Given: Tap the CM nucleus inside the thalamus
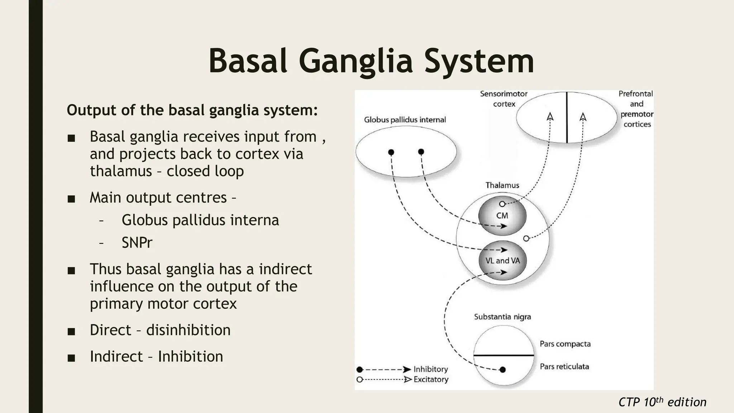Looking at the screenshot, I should pos(502,216).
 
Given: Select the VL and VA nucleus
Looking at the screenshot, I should pos(502,261).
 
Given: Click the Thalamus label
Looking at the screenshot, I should pos(502,185).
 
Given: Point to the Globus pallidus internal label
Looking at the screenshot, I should pos(405,120).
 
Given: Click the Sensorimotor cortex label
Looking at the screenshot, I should pos(504,99).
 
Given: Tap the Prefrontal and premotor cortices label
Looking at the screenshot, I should pos(637,109).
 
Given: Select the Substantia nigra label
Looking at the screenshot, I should pos(502,317).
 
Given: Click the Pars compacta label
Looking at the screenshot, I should pos(565,344).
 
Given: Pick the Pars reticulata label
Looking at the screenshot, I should pos(564,366).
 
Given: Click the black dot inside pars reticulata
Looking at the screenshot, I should pos(502,370).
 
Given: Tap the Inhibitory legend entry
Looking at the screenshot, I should pos(430,369).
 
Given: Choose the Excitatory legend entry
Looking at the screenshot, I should pos(431,379).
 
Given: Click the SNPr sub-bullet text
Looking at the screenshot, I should pos(137,243).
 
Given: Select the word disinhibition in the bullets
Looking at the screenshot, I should pos(188,330).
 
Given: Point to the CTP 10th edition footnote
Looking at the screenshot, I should pos(662,402).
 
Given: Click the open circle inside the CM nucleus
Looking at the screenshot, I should pos(502,204).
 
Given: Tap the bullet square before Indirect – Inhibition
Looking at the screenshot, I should pos(71,357).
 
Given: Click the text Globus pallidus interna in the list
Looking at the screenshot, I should pos(200,220).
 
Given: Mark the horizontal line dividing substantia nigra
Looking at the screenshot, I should pos(504,355).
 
